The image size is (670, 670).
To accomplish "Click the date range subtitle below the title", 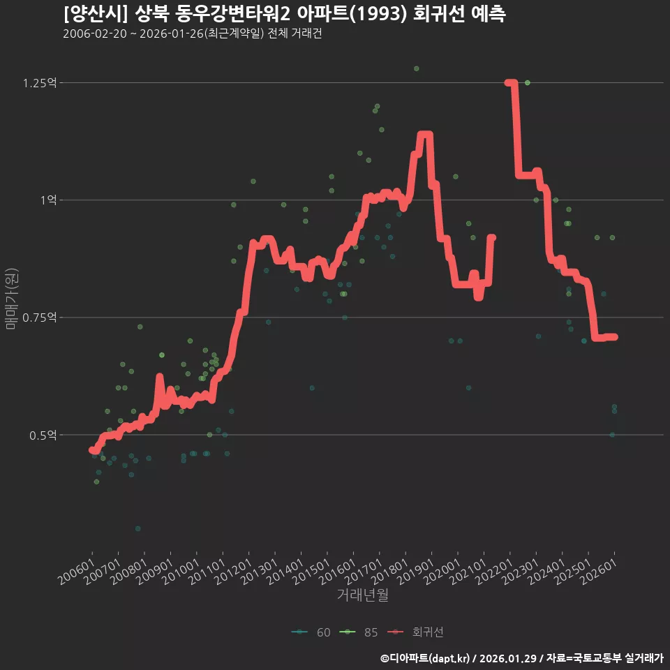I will [192, 34].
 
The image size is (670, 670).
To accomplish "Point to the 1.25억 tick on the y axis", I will [39, 83].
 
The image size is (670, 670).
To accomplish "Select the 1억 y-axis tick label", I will [48, 200].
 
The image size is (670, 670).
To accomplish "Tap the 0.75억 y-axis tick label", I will [39, 318].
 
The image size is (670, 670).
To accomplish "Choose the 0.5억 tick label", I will [43, 435].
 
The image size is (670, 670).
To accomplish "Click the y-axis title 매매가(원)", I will [11, 298].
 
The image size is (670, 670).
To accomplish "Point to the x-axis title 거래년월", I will [362, 595].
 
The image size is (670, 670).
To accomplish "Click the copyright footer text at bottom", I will [521, 658].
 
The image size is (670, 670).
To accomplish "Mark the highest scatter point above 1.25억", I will [416, 68].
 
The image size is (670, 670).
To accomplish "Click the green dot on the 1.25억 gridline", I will [528, 83].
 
